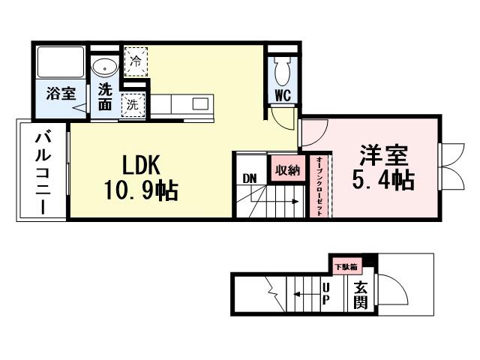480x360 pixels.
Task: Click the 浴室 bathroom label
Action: [x=59, y=94]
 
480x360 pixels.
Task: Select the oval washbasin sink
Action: [x=103, y=67]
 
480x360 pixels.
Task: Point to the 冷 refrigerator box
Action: [x=136, y=61]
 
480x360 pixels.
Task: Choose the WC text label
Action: [x=283, y=95]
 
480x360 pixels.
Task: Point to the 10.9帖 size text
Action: [x=141, y=191]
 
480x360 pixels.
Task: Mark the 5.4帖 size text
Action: [x=383, y=180]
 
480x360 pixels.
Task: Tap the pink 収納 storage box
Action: [x=287, y=169]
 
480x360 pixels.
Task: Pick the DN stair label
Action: [x=250, y=178]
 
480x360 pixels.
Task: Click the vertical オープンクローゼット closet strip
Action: [x=319, y=186]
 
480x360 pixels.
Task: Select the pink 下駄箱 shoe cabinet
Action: [x=346, y=266]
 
